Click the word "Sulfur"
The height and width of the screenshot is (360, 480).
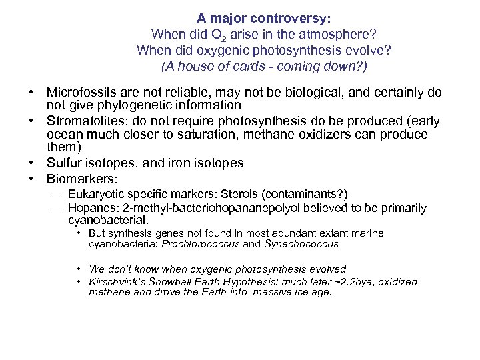click(x=65, y=163)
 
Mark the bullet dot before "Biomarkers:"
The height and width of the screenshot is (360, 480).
click(x=31, y=179)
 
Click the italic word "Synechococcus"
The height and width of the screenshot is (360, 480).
click(x=301, y=244)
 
